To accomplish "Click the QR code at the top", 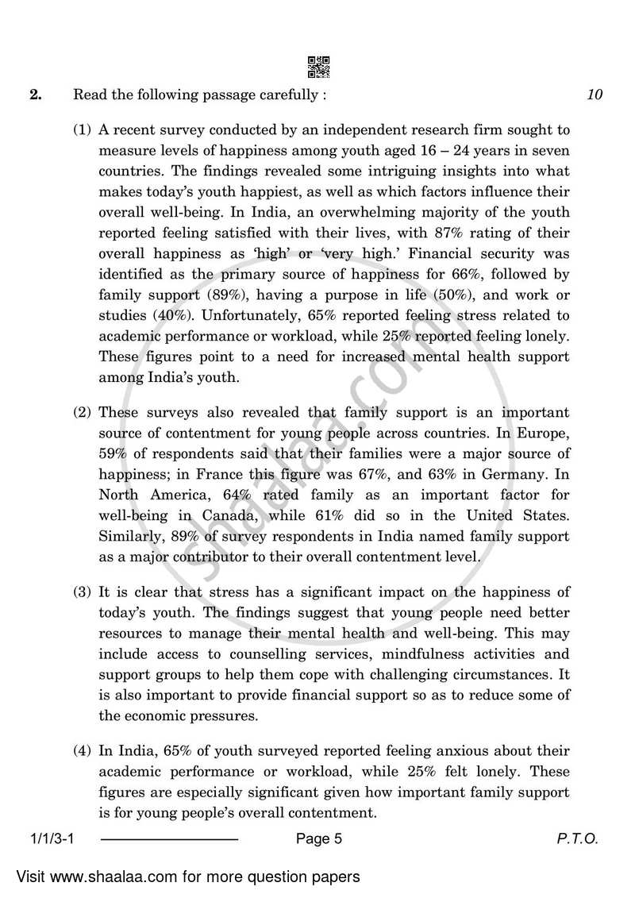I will [317, 67].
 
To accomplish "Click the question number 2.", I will [35, 95].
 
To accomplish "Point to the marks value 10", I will [595, 95].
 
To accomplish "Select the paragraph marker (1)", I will [83, 129].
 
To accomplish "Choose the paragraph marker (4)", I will [83, 750].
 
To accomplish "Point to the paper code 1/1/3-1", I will [52, 838].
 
